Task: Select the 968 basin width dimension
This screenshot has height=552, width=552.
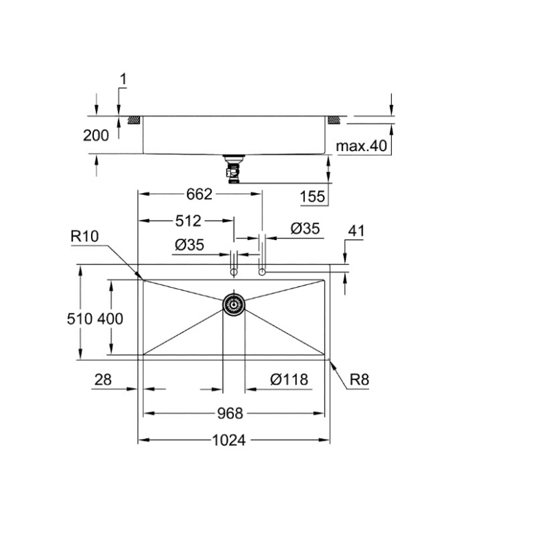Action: tap(230, 413)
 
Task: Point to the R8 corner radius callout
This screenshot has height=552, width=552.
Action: tap(360, 379)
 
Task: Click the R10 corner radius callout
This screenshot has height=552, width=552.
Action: tap(85, 237)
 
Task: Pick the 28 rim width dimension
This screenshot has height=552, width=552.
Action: tap(101, 379)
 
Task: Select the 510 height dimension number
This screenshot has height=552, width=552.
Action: tap(81, 319)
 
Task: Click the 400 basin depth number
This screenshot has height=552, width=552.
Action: tap(110, 319)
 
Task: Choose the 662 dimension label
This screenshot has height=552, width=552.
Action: tap(199, 195)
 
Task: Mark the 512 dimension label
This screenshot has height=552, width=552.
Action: tap(187, 221)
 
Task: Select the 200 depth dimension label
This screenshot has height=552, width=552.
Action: tap(96, 136)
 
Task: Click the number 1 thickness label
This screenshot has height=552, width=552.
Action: tap(123, 80)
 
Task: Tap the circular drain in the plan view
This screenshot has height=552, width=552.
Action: tap(233, 304)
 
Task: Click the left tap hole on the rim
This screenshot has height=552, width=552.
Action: tap(234, 273)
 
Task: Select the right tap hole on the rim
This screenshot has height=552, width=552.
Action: tap(262, 273)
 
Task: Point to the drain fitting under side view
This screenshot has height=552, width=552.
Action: tap(234, 168)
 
